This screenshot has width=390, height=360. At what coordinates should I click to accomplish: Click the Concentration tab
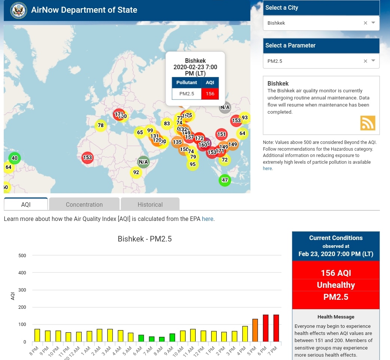click(84, 204)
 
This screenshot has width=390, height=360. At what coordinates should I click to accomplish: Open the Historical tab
click(150, 204)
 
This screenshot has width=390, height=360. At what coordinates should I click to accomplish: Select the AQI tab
click(26, 204)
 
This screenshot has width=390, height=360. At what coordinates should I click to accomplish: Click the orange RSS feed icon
click(368, 123)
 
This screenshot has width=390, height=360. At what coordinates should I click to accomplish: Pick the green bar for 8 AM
click(162, 339)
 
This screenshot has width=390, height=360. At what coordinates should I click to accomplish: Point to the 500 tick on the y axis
click(22, 256)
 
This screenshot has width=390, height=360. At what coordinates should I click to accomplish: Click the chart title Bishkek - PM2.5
click(144, 239)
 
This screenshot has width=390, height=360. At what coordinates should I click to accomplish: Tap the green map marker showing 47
click(225, 180)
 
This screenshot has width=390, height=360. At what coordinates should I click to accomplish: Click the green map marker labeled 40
click(15, 158)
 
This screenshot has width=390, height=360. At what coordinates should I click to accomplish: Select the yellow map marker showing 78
click(100, 126)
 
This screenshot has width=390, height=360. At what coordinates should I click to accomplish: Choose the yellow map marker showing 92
click(136, 173)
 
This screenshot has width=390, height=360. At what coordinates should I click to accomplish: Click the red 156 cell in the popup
click(210, 94)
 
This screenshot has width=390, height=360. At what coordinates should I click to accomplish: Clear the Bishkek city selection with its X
click(365, 23)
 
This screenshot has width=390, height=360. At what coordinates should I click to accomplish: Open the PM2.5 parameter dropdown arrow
click(373, 61)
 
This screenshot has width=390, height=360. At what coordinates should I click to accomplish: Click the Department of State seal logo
click(18, 10)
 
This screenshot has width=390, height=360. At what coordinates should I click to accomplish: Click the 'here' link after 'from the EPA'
click(208, 219)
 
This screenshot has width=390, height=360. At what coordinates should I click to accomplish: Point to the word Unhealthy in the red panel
click(336, 285)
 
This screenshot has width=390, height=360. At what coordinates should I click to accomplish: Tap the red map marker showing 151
click(222, 134)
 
